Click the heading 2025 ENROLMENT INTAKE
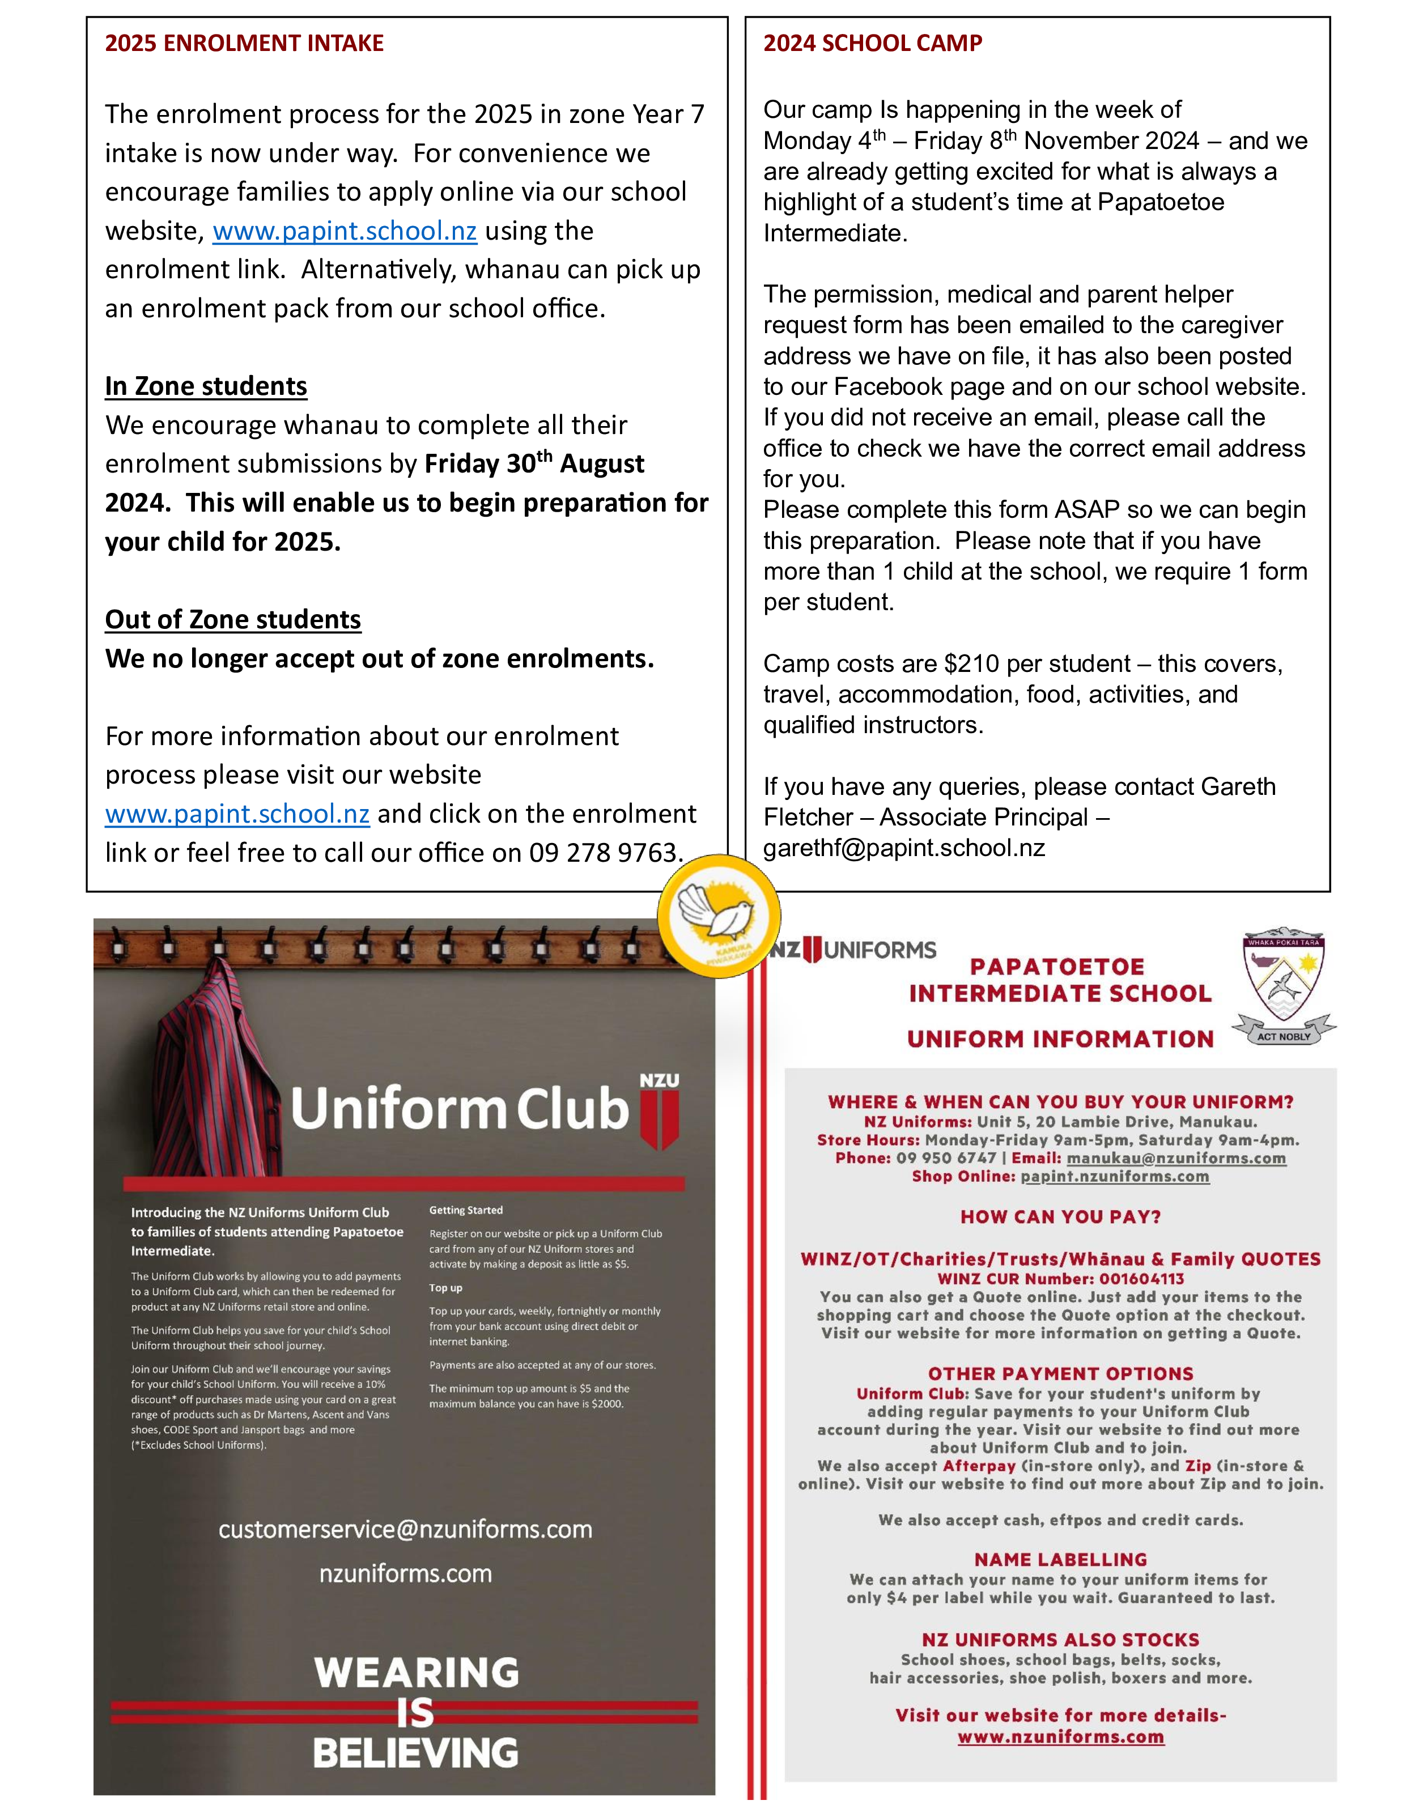[x=244, y=43]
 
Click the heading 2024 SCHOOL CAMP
[x=872, y=43]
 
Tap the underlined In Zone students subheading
[x=206, y=386]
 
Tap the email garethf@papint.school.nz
[x=903, y=848]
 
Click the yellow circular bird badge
[x=719, y=916]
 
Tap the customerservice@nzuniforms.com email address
[x=405, y=1529]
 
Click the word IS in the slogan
[x=415, y=1713]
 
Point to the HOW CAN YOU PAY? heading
[x=1060, y=1217]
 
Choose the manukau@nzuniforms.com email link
[x=1176, y=1158]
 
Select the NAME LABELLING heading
[x=1060, y=1560]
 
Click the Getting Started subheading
[x=466, y=1210]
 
